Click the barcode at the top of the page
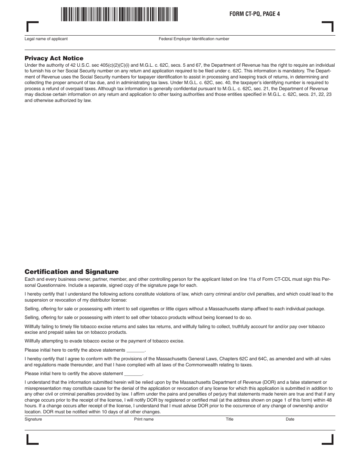(119, 14)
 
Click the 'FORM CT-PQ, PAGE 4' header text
(254, 14)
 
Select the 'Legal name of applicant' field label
(46, 39)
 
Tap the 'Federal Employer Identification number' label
(194, 39)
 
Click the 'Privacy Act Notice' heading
(54, 58)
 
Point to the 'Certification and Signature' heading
(71, 272)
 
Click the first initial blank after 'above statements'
(135, 350)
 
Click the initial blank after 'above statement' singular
(133, 374)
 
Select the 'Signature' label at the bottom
(33, 419)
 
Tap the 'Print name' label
(144, 419)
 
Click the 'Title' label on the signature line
(230, 419)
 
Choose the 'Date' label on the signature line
(290, 419)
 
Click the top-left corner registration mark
(32, 27)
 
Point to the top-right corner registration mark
(328, 26)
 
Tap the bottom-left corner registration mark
(32, 440)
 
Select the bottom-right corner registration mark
(328, 440)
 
